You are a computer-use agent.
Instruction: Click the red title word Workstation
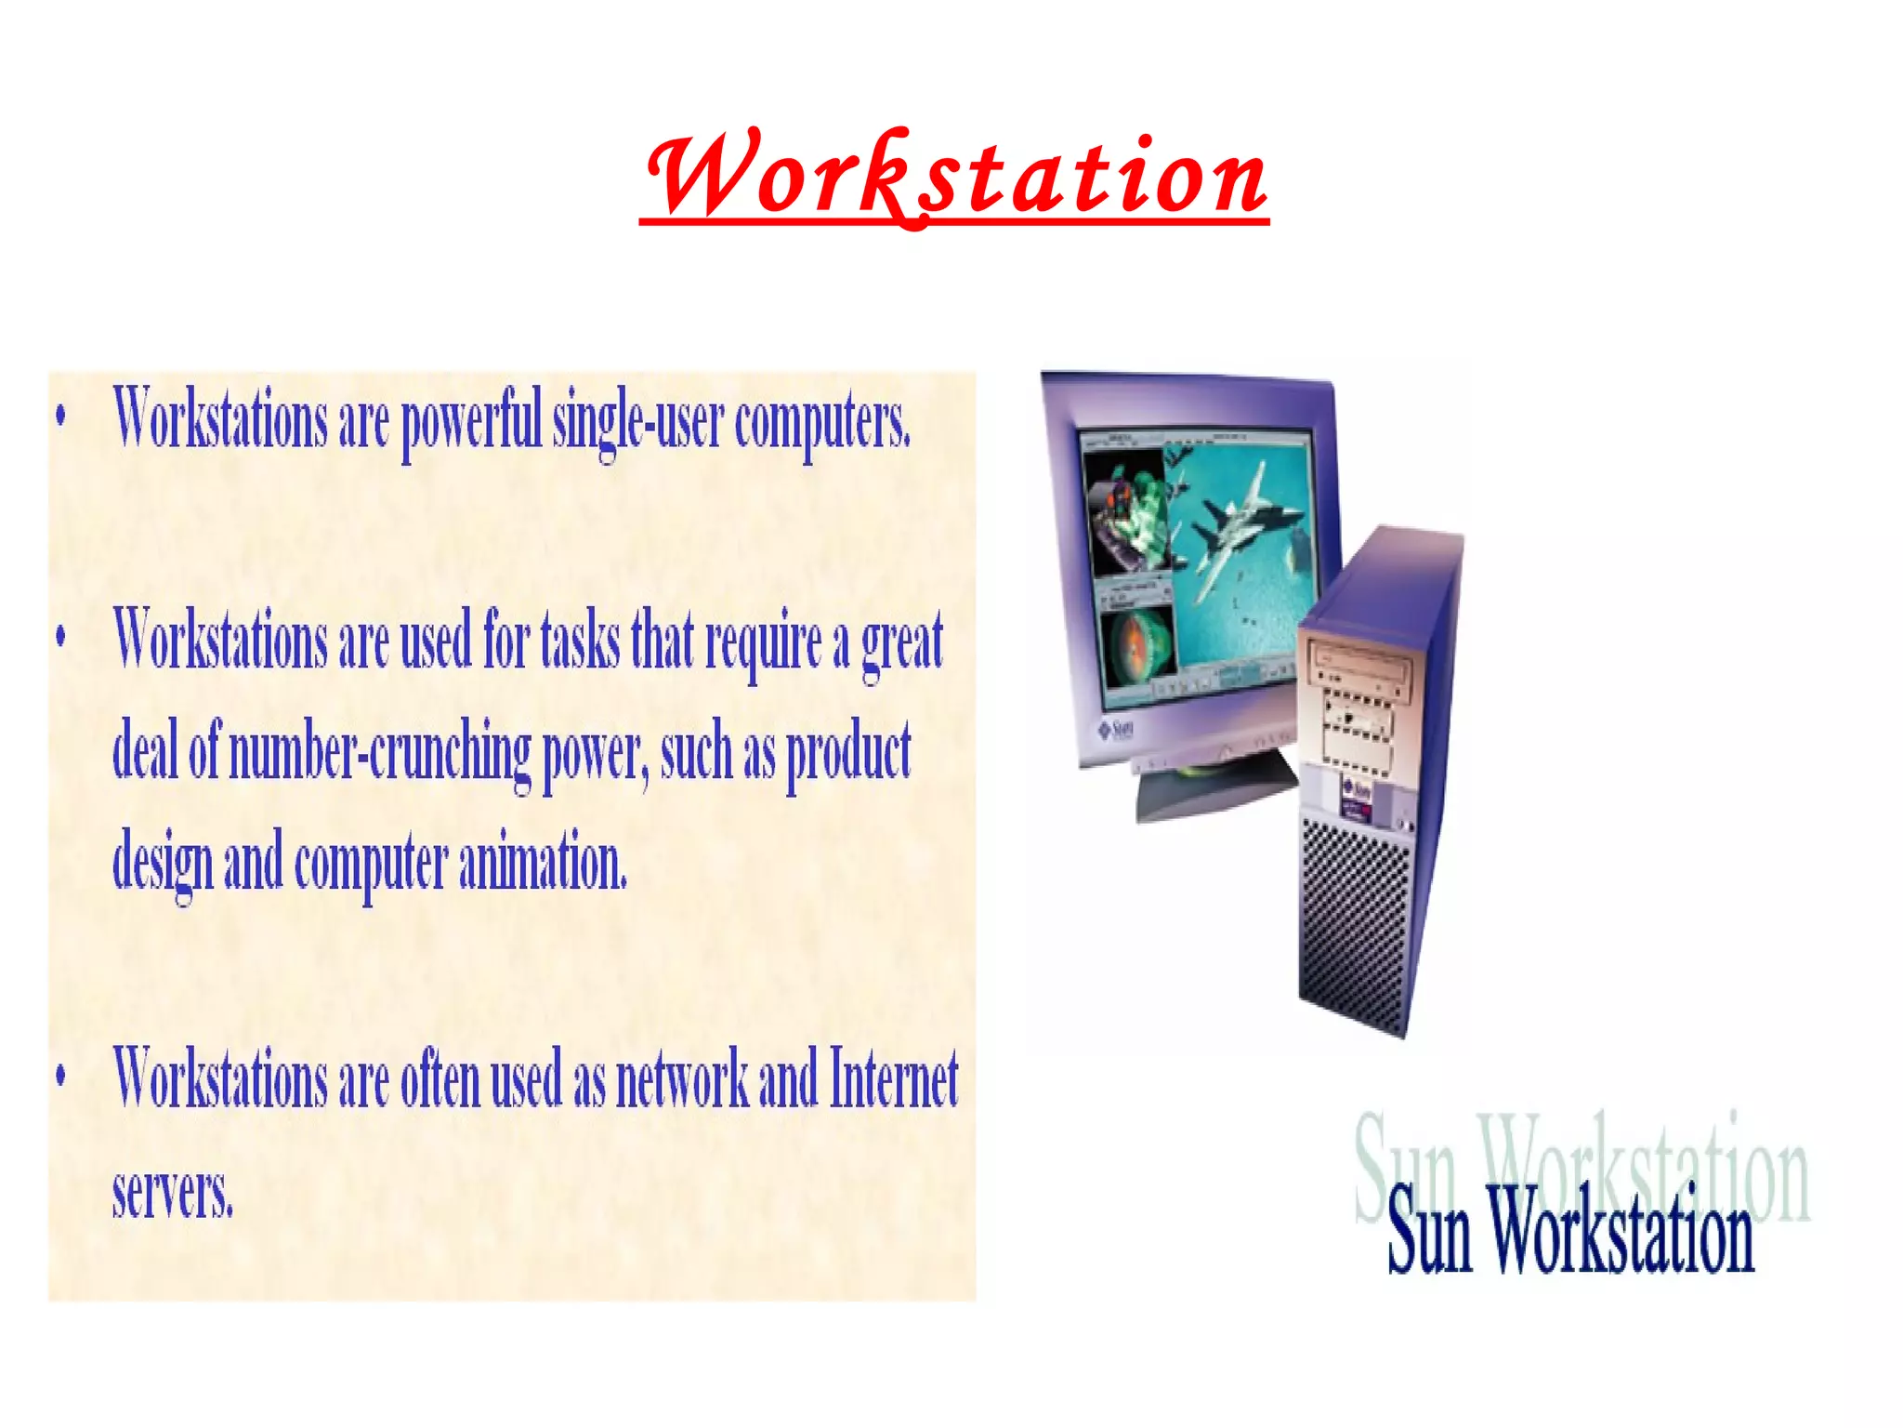955,177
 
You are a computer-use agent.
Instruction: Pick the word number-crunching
379,753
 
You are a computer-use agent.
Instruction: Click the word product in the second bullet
848,753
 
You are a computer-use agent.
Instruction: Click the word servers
173,1193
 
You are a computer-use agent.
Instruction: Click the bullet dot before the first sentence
61,416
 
